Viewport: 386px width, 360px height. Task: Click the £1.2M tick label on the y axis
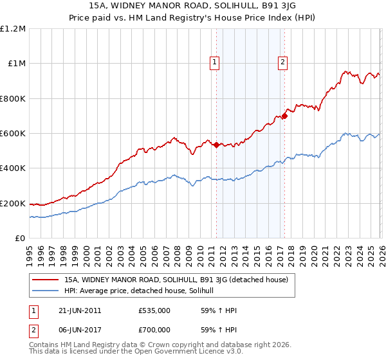[x=13, y=29]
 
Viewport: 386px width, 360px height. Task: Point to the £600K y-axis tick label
[x=13, y=134]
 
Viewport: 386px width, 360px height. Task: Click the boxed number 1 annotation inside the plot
[x=215, y=62]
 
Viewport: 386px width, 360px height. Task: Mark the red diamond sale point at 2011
[x=216, y=145]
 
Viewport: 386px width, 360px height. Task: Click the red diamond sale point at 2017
[x=284, y=116]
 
